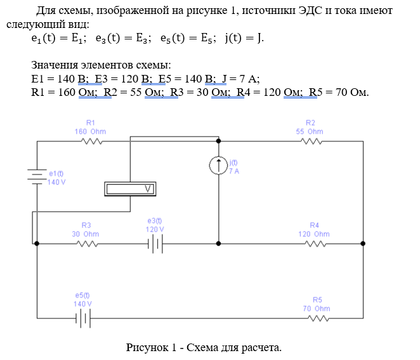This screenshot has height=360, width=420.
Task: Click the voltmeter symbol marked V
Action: [x=130, y=189]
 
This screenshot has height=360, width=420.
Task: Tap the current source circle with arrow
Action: [x=218, y=166]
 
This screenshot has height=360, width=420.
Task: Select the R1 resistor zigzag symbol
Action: [x=90, y=142]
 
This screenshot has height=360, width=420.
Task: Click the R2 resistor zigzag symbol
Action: [x=310, y=142]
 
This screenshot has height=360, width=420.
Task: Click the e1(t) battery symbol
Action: [x=37, y=175]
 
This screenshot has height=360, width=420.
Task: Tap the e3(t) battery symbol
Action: [x=155, y=243]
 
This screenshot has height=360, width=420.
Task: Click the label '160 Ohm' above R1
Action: [x=90, y=131]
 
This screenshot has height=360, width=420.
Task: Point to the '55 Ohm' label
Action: [x=310, y=131]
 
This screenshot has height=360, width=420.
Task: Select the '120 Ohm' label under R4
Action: [x=314, y=234]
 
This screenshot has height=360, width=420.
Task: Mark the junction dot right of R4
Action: [x=363, y=243]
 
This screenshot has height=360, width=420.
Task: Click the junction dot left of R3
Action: [x=37, y=243]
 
